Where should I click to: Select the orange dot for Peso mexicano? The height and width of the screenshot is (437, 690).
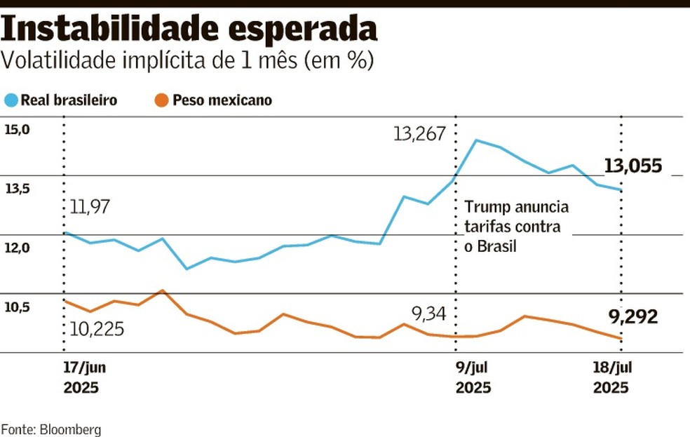point(161,100)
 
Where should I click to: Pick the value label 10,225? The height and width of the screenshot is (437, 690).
point(97,328)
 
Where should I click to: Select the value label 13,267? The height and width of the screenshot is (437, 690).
point(419,134)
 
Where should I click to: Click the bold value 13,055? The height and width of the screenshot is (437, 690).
point(633,166)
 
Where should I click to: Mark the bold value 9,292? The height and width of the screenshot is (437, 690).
point(633,317)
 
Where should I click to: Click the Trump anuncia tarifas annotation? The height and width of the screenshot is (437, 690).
point(516,227)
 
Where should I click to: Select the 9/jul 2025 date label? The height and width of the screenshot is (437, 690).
point(473,377)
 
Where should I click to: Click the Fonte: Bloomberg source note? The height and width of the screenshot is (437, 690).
point(50,429)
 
